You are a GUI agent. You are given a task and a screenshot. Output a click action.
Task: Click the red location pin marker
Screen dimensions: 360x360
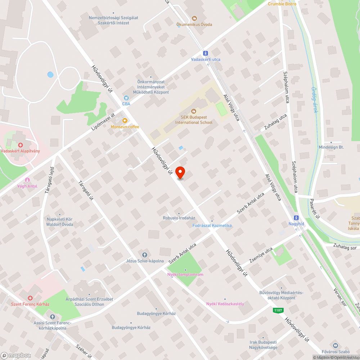[x=180, y=172]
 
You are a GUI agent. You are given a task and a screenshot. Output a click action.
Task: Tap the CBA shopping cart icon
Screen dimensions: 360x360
[x=126, y=98]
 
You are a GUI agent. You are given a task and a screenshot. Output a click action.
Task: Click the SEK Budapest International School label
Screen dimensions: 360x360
[x=194, y=120]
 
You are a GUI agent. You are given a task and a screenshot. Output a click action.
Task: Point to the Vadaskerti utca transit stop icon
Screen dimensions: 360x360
[x=206, y=53]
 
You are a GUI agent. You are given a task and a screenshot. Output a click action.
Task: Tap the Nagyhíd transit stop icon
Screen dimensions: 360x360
[x=296, y=218]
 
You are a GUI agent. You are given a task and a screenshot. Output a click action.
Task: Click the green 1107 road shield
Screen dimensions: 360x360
[x=278, y=310]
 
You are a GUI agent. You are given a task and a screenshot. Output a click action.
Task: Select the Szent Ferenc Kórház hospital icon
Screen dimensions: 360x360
[x=30, y=298]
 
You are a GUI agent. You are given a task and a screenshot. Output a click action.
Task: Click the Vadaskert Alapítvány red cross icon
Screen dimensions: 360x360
[x=21, y=145]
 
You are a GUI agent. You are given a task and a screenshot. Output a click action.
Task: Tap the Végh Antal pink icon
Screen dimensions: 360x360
[x=27, y=180]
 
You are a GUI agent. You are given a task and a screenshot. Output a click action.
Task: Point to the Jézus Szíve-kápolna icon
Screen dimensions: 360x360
[x=145, y=255]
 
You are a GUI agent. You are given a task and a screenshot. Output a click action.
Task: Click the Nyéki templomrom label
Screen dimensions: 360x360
[x=185, y=275]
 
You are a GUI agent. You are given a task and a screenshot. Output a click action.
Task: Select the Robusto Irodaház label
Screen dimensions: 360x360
[x=179, y=218]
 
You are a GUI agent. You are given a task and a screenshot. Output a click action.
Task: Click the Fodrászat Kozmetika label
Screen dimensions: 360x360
[x=212, y=225]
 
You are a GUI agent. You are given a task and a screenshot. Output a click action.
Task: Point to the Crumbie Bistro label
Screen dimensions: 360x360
[x=282, y=4]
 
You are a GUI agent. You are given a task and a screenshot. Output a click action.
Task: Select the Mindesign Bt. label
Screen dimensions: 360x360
[x=331, y=147]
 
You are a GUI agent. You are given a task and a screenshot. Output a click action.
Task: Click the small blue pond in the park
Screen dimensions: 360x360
[x=50, y=75]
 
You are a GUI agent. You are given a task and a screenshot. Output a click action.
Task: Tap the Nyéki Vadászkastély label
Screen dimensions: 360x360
[x=225, y=304]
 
